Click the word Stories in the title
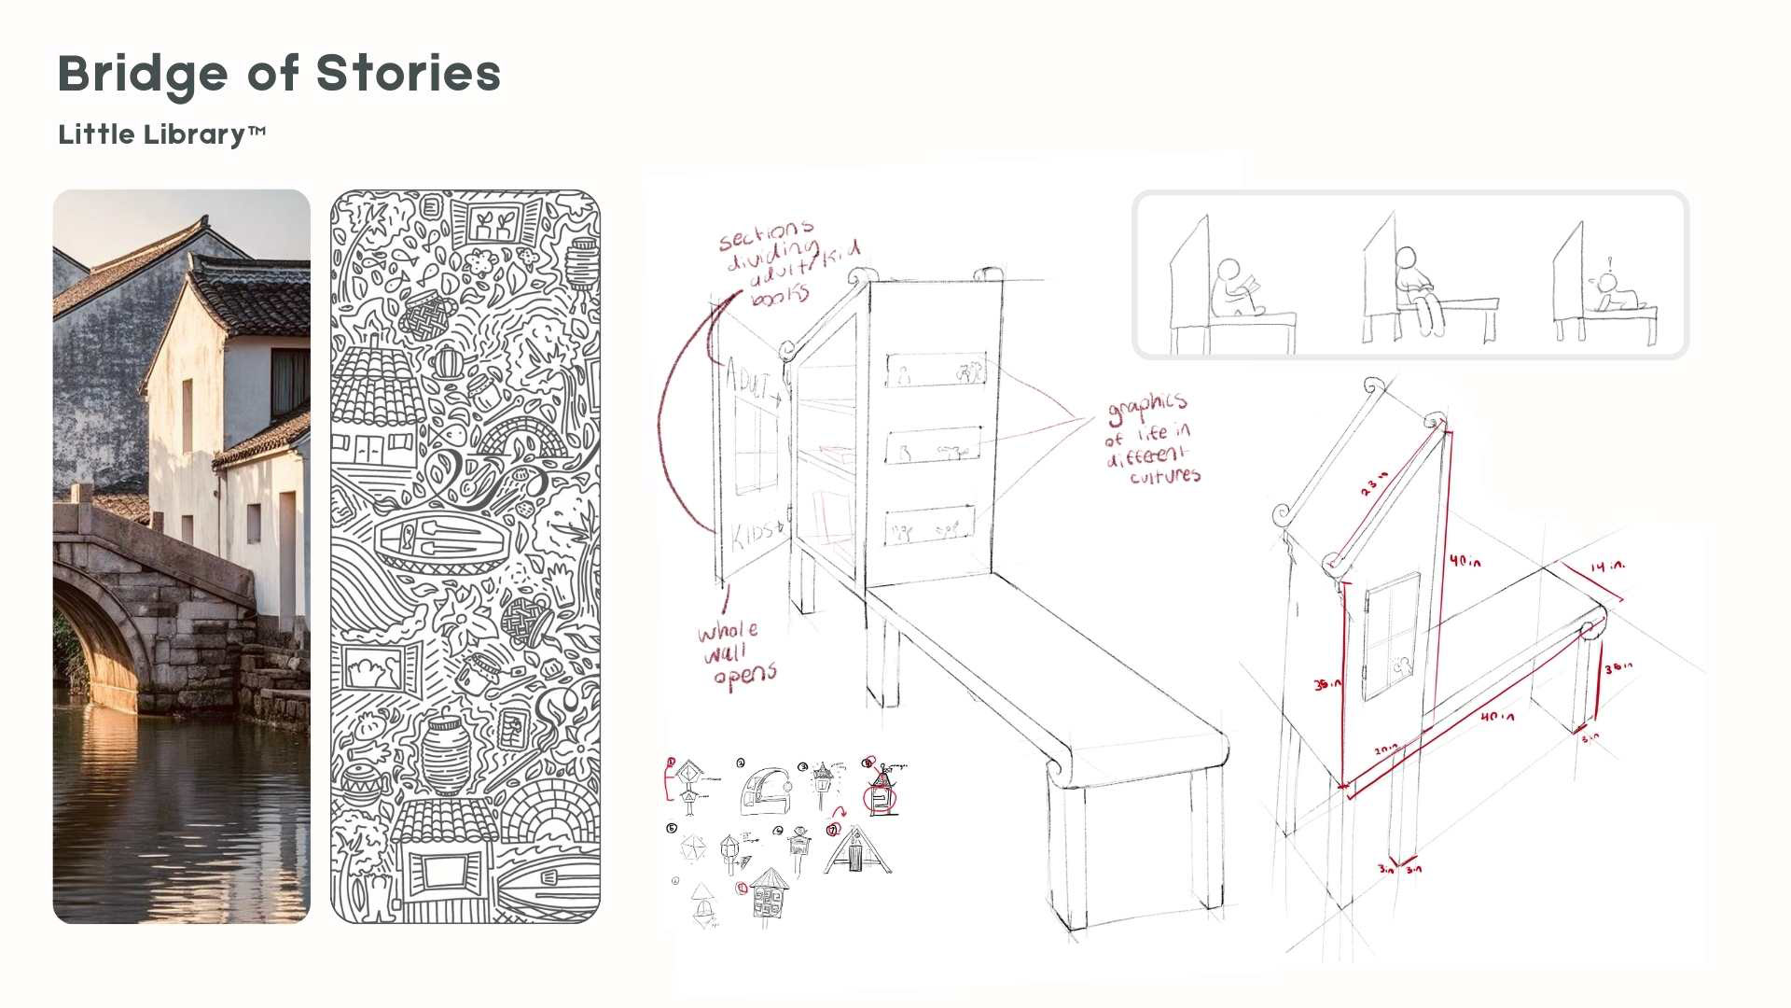(x=408, y=73)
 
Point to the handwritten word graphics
(x=1147, y=407)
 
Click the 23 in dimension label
(x=1375, y=483)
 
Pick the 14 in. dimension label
(x=1607, y=566)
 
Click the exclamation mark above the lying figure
(x=1607, y=262)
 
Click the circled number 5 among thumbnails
(x=672, y=828)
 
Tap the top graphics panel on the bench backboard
(x=935, y=371)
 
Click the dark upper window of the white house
(x=290, y=381)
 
